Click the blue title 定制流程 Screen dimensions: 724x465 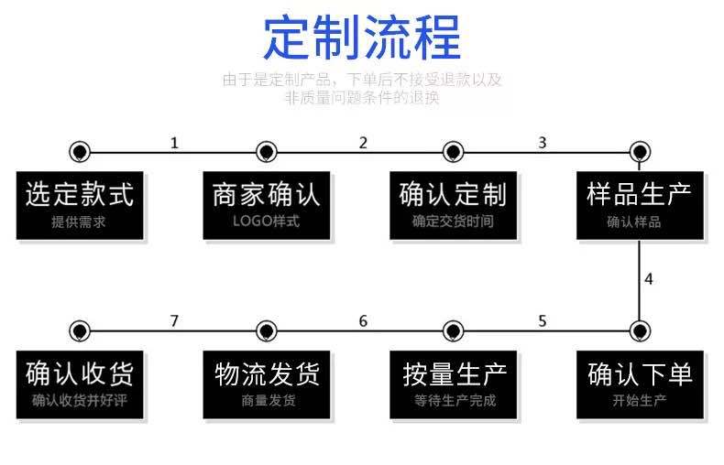click(x=362, y=38)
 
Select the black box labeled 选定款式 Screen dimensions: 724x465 click(x=80, y=204)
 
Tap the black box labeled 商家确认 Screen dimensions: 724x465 click(x=267, y=204)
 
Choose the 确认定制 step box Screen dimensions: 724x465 click(x=453, y=204)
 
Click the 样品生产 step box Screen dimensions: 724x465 click(x=640, y=204)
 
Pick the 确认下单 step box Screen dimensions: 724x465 click(x=640, y=384)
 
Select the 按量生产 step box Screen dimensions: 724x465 click(x=453, y=384)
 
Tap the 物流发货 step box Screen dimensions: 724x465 click(x=267, y=384)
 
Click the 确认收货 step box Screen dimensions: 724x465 click(x=80, y=384)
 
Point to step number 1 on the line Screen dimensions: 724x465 click(x=174, y=143)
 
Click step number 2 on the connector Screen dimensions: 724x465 click(x=363, y=143)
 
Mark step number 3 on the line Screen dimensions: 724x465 click(x=543, y=143)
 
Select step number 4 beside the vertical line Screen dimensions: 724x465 click(x=649, y=279)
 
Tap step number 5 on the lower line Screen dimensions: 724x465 click(x=543, y=321)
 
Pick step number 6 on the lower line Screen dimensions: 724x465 click(x=363, y=321)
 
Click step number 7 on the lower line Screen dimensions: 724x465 click(x=174, y=321)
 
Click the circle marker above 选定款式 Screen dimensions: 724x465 click(x=80, y=152)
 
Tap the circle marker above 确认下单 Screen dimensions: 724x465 click(x=640, y=330)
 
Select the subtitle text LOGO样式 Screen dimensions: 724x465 click(x=266, y=222)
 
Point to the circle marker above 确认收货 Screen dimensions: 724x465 click(x=80, y=330)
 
